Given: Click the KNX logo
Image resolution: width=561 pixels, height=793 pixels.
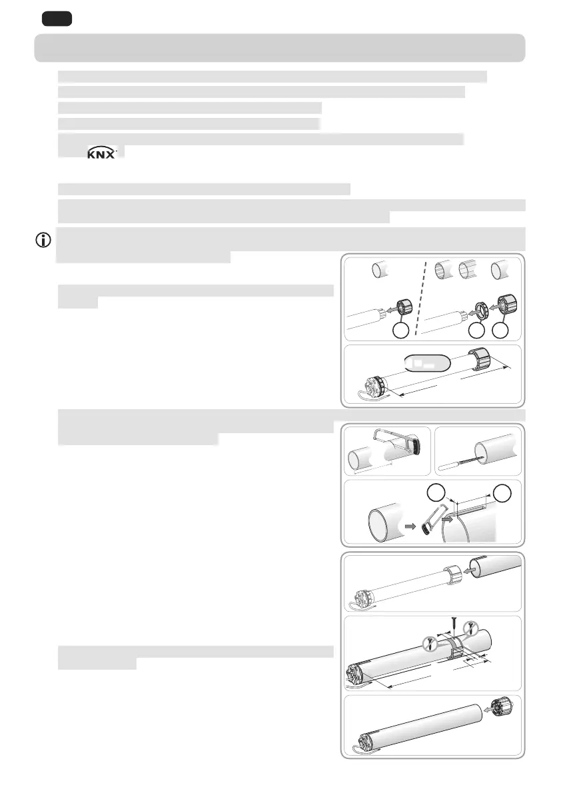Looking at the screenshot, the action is point(102,153).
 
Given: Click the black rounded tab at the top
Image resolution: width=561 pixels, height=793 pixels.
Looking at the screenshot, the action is point(56,19).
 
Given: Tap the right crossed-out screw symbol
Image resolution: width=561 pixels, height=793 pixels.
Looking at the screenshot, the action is point(472,627).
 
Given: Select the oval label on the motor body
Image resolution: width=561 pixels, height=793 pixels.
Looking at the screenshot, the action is point(428,363).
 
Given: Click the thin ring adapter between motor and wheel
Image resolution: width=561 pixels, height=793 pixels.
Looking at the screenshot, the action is point(478,309).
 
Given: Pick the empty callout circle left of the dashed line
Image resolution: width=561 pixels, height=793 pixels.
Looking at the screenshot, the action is point(399,331).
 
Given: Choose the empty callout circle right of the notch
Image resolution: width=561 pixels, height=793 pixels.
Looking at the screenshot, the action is point(503,494).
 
